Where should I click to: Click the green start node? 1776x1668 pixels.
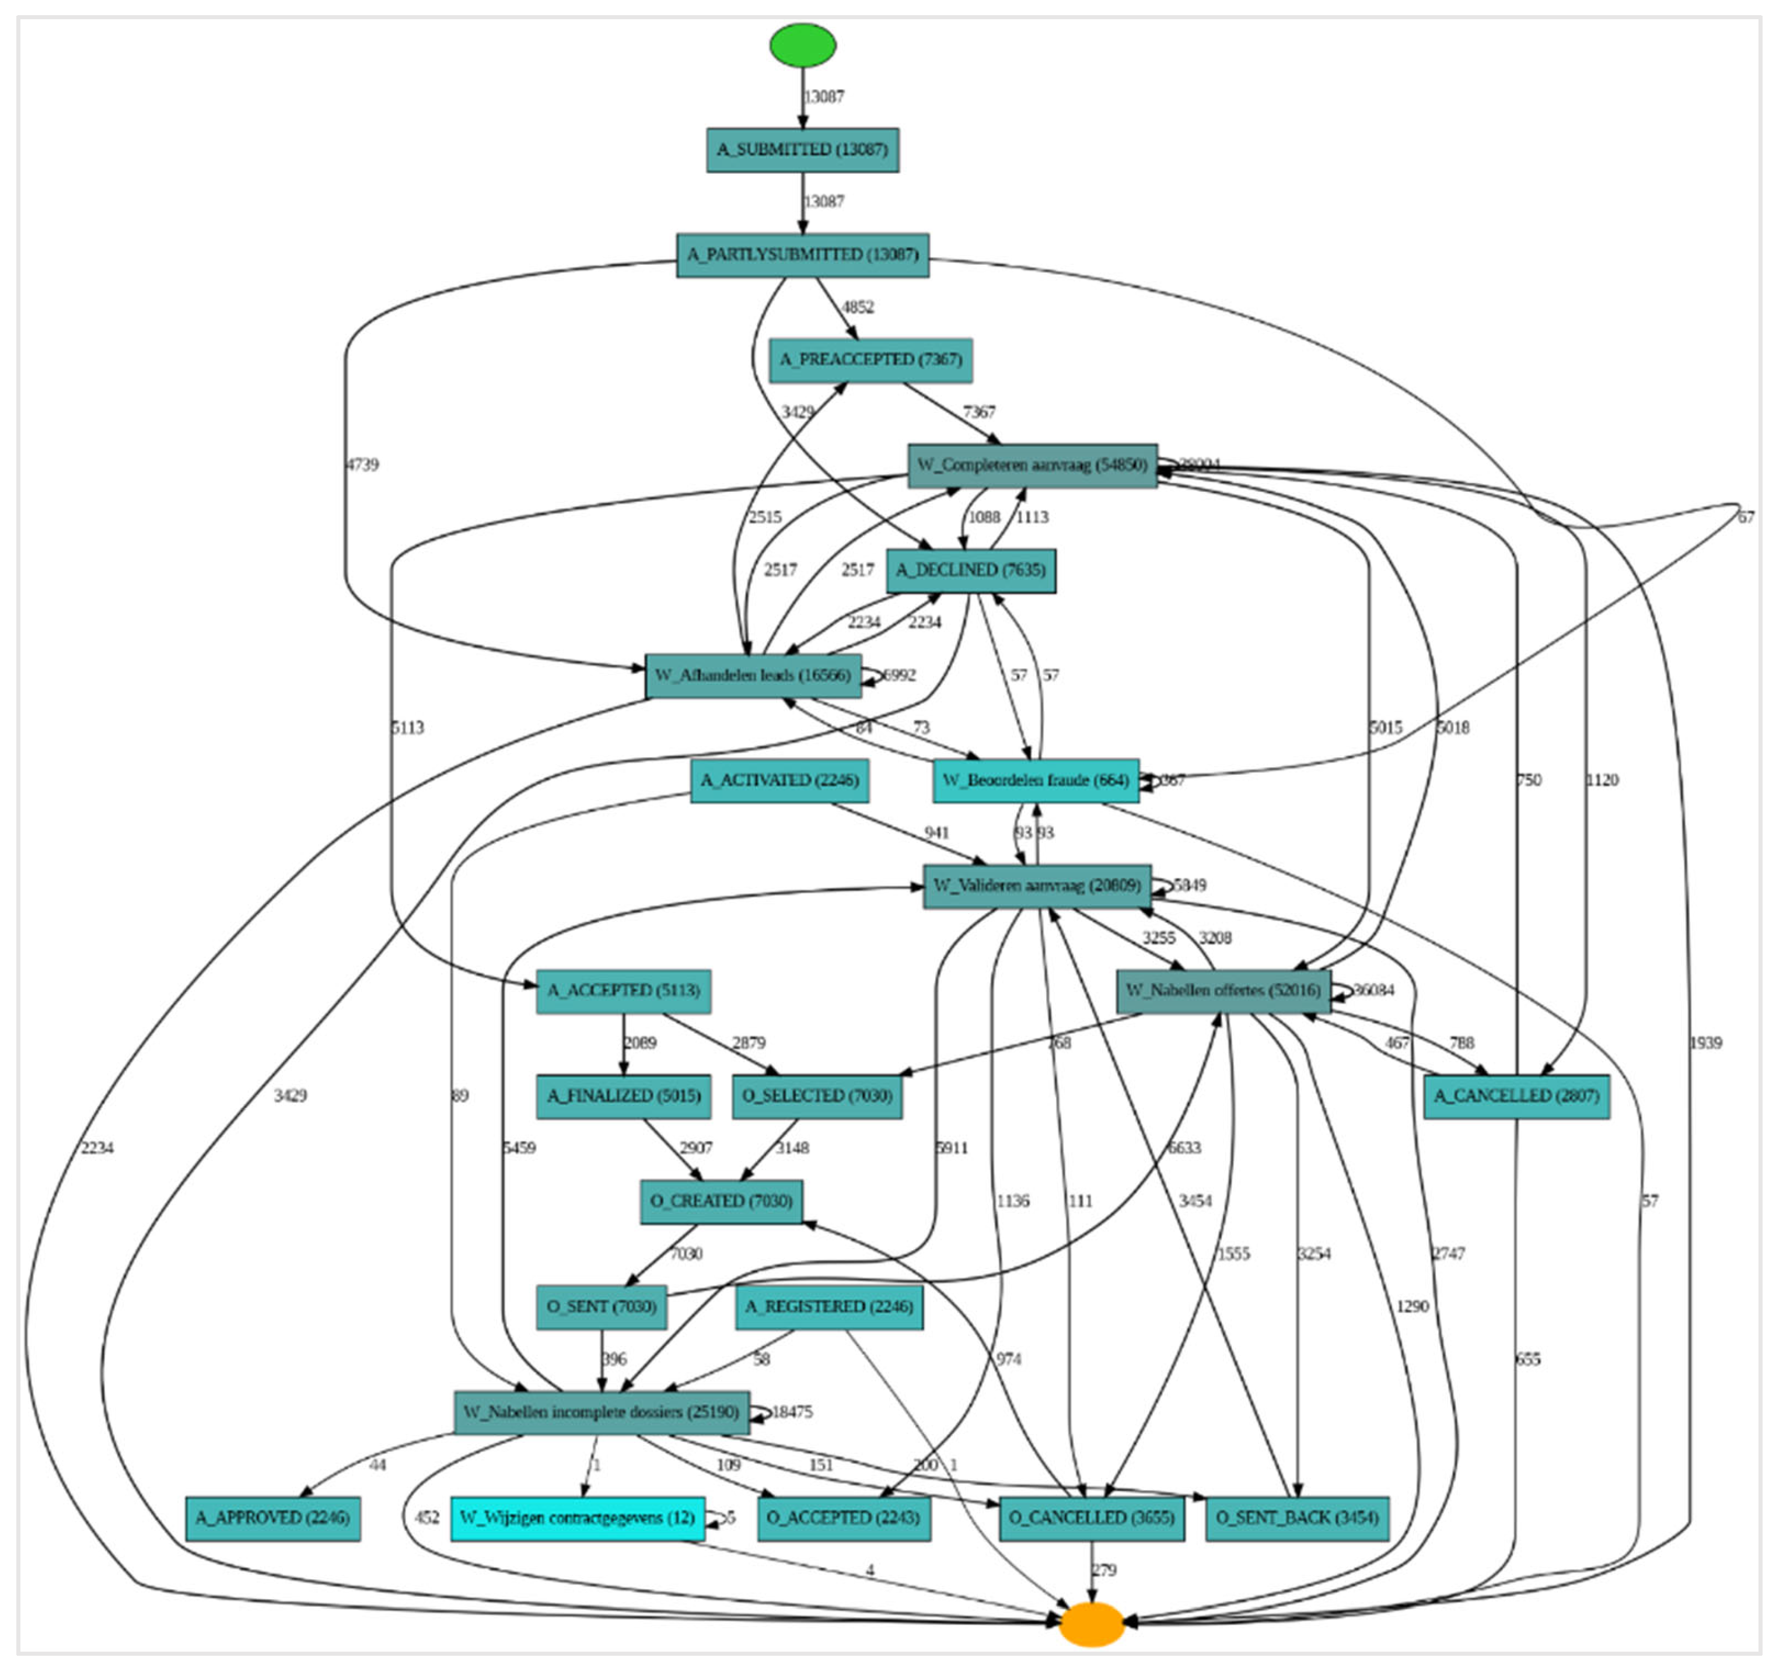[802, 45]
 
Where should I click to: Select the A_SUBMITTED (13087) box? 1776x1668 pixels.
[802, 149]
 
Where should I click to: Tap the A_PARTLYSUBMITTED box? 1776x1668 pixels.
[802, 254]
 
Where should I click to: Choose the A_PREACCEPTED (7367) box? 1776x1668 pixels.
[870, 359]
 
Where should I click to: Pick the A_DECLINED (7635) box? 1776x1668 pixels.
[970, 570]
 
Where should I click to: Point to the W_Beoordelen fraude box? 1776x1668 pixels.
[1036, 780]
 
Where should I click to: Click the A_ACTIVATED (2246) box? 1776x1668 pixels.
[779, 780]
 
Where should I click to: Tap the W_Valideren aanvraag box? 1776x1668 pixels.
[1036, 886]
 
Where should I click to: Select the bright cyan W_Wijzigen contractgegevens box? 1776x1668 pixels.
[577, 1518]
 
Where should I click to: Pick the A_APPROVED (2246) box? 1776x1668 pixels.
[272, 1518]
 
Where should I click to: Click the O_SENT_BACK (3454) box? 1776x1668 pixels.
[1296, 1518]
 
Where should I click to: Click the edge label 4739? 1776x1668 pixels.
[362, 464]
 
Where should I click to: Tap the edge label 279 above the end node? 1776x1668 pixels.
[1104, 1570]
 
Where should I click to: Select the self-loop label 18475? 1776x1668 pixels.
[792, 1412]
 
